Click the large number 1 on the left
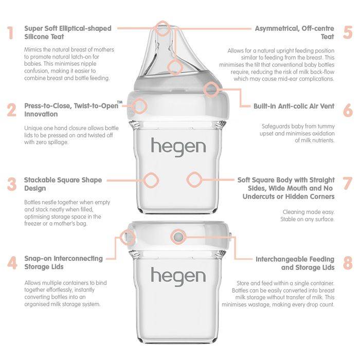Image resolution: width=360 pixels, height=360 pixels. coord(10,33)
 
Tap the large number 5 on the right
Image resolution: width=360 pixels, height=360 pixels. coord(348,32)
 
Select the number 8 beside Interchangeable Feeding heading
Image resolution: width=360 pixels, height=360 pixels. coord(348,263)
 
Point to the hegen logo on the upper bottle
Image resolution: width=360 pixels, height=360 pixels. coord(178,147)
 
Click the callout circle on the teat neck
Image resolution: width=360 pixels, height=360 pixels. coord(175,66)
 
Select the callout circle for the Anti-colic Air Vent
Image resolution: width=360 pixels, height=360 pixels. coord(211,89)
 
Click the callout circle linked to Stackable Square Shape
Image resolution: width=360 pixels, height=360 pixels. coord(151,180)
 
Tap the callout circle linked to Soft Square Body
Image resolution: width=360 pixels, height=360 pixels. coord(193,180)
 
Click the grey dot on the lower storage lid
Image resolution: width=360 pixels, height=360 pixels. coord(178,237)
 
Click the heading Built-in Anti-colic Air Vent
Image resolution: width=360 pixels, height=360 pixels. coord(294,106)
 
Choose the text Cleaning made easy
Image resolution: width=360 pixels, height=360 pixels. coord(309,211)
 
